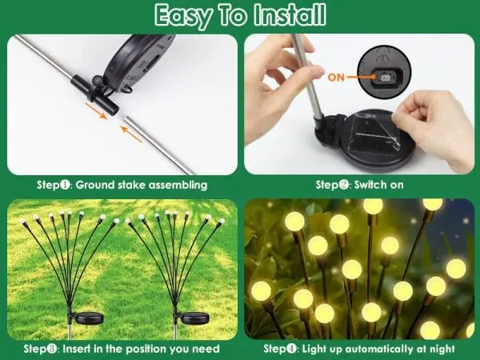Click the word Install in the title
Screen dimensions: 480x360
[290, 14]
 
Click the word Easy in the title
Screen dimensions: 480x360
[183, 16]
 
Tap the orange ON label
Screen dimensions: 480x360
[336, 78]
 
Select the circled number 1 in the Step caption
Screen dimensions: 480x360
[66, 185]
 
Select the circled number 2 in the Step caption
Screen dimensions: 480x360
[344, 185]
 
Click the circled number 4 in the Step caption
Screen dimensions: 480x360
[292, 349]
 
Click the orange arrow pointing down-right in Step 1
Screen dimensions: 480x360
[96, 111]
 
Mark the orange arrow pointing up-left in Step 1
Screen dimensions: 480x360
[132, 134]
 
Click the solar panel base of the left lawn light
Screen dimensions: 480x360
[89, 318]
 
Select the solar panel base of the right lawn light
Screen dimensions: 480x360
[195, 318]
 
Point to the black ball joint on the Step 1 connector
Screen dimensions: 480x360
[98, 81]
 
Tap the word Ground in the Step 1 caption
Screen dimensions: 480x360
[94, 186]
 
